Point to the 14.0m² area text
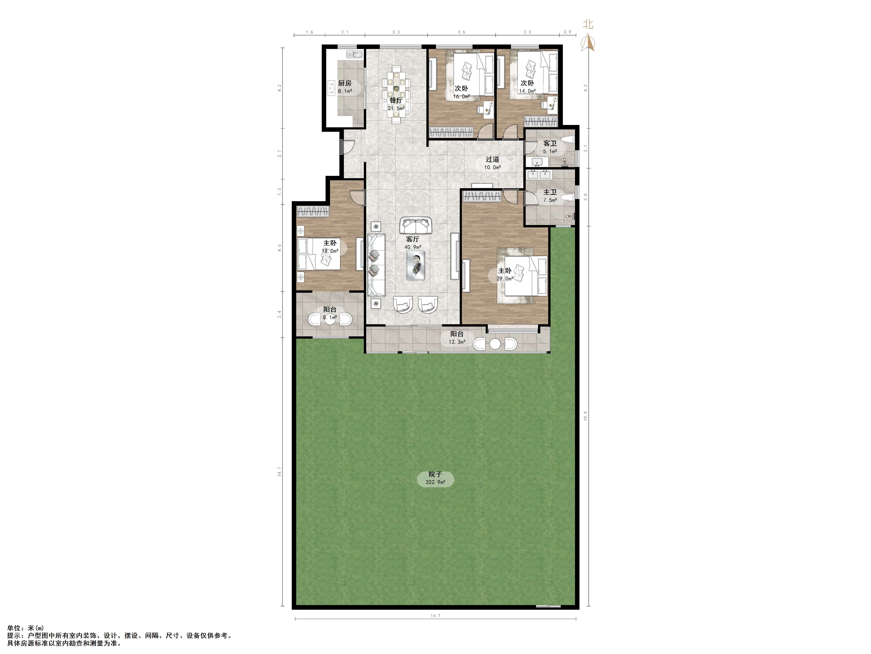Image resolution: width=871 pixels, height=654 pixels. [527, 91]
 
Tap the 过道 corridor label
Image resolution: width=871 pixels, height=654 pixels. [492, 159]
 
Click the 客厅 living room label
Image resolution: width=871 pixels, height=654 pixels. [413, 239]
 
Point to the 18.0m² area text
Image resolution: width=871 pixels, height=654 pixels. [330, 251]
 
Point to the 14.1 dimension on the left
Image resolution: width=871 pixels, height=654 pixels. [280, 472]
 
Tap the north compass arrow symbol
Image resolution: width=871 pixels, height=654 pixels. [588, 43]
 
